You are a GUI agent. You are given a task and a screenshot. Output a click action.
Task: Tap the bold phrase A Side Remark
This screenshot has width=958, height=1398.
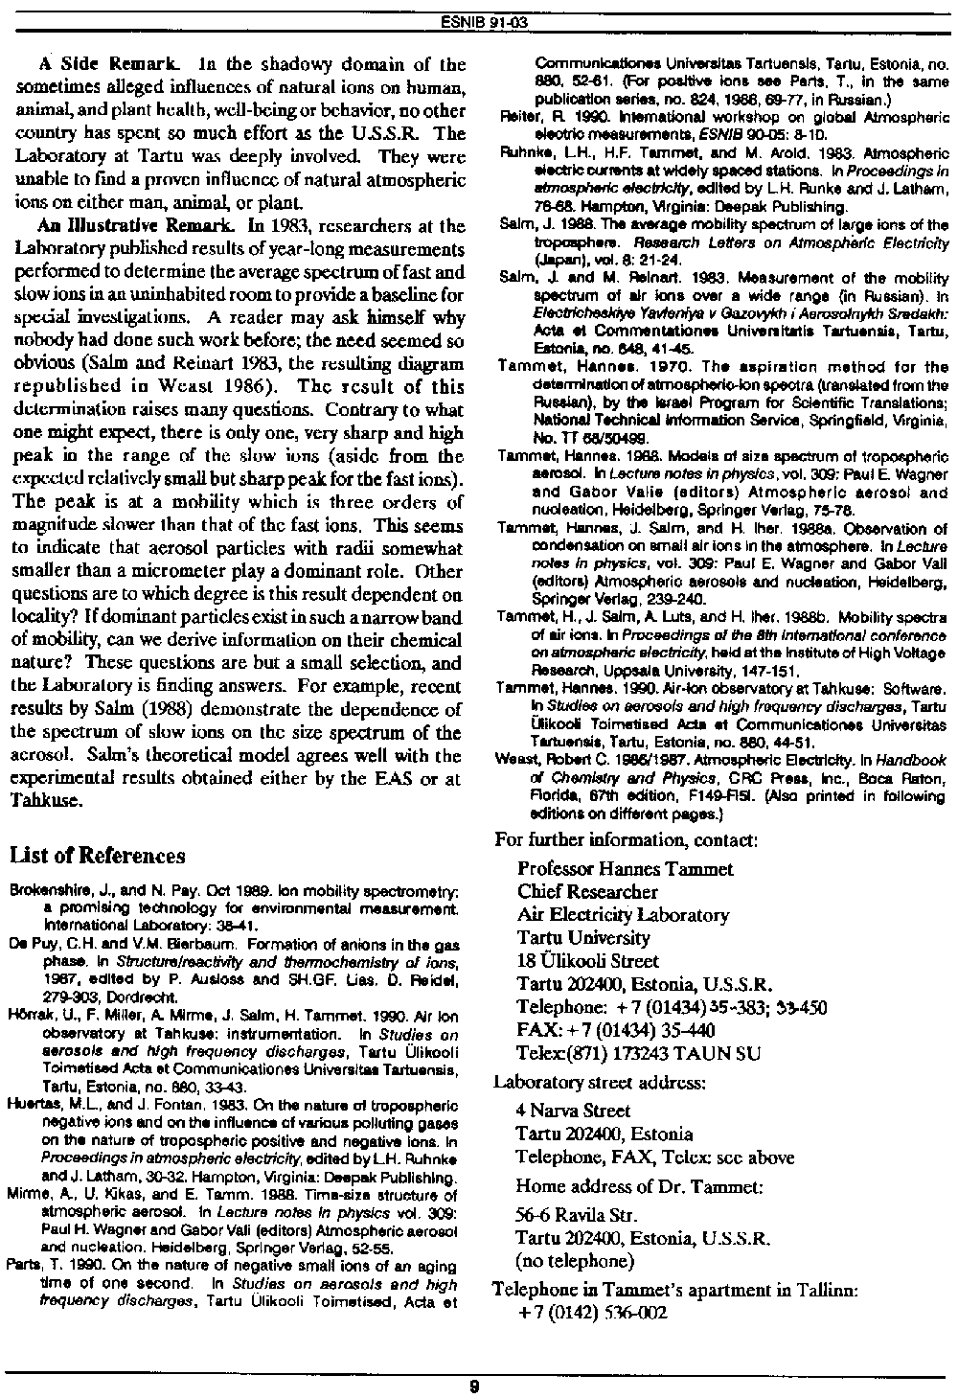coord(95,66)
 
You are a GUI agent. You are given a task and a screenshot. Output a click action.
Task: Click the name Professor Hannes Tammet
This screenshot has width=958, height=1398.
coord(625,869)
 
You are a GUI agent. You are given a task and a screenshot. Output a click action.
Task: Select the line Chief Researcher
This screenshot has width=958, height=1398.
coord(587,892)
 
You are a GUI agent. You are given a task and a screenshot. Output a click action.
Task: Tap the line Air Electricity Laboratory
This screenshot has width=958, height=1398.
coord(623,915)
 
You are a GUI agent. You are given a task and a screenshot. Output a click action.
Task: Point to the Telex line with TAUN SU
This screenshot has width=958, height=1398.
coord(639,1053)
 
